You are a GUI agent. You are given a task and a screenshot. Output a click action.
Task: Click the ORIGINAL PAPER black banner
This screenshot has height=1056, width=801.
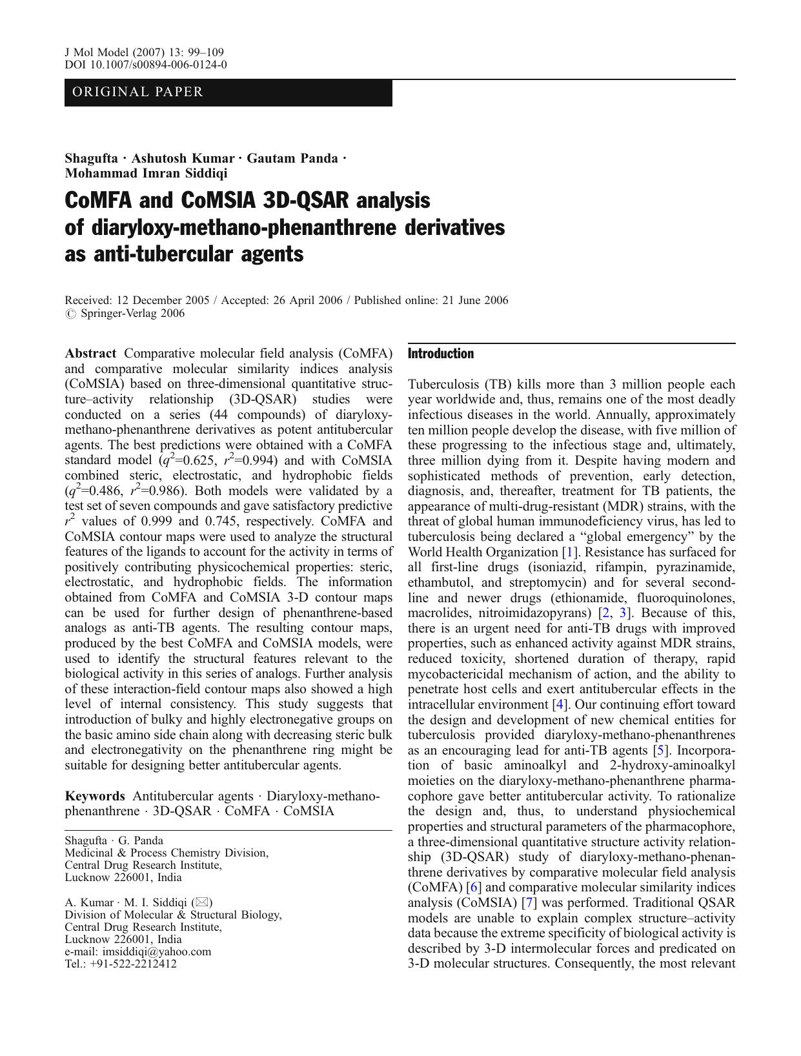tap(228, 92)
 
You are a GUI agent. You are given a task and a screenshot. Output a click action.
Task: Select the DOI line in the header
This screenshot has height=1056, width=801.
tap(146, 65)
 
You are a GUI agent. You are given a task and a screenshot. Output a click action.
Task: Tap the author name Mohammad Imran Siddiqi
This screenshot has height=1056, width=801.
tap(146, 173)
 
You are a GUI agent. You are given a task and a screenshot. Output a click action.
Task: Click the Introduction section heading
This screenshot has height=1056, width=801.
tap(441, 354)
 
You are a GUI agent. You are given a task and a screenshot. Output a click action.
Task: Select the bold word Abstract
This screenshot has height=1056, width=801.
tap(90, 354)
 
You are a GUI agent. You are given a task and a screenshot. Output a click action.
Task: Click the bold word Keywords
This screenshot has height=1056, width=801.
tap(94, 796)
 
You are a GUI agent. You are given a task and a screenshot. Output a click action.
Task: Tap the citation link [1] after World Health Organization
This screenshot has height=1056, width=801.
tap(569, 552)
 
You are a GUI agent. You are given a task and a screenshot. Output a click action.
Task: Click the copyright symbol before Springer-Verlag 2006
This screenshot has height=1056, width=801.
tap(70, 314)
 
